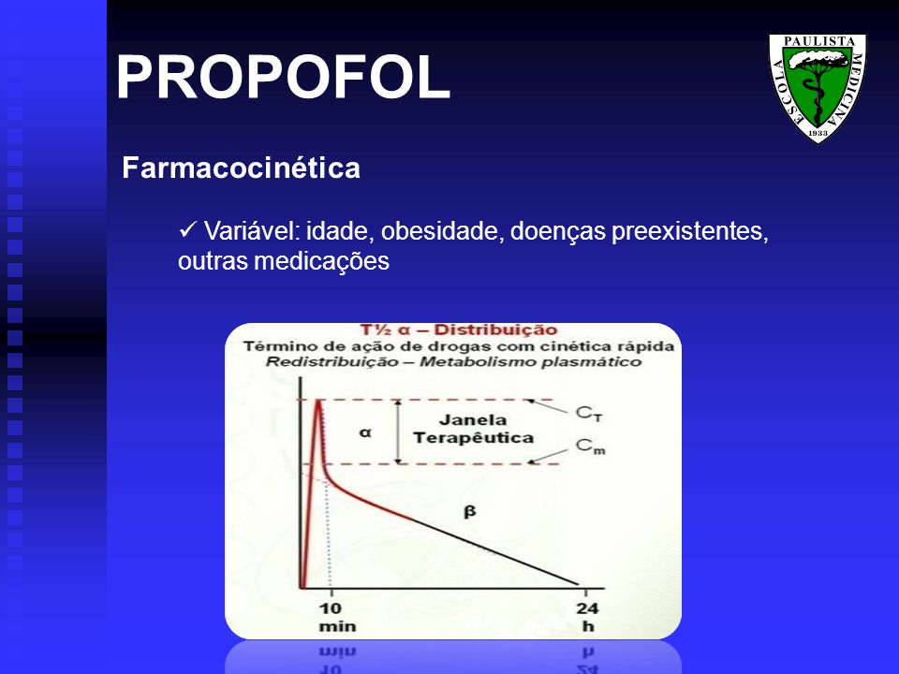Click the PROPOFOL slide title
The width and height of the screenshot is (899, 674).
(283, 78)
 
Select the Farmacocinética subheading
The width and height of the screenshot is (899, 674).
(241, 168)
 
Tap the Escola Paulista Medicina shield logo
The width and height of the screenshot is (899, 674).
(818, 88)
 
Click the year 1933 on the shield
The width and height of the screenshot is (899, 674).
(818, 133)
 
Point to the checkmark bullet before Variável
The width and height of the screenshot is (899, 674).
(187, 230)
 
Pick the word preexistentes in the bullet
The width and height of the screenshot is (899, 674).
(690, 231)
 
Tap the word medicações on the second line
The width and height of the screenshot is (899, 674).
(321, 261)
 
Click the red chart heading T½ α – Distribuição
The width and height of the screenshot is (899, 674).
(459, 330)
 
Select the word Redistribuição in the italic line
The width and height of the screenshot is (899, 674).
(332, 362)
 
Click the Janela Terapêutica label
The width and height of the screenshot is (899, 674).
(473, 429)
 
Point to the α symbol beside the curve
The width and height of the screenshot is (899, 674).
(365, 432)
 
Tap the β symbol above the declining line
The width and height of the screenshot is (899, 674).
(469, 511)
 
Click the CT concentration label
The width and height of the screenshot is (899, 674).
(589, 413)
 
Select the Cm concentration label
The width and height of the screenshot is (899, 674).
(591, 446)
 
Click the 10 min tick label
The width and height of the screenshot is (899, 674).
(337, 617)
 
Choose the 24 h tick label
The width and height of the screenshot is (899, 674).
(588, 617)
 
